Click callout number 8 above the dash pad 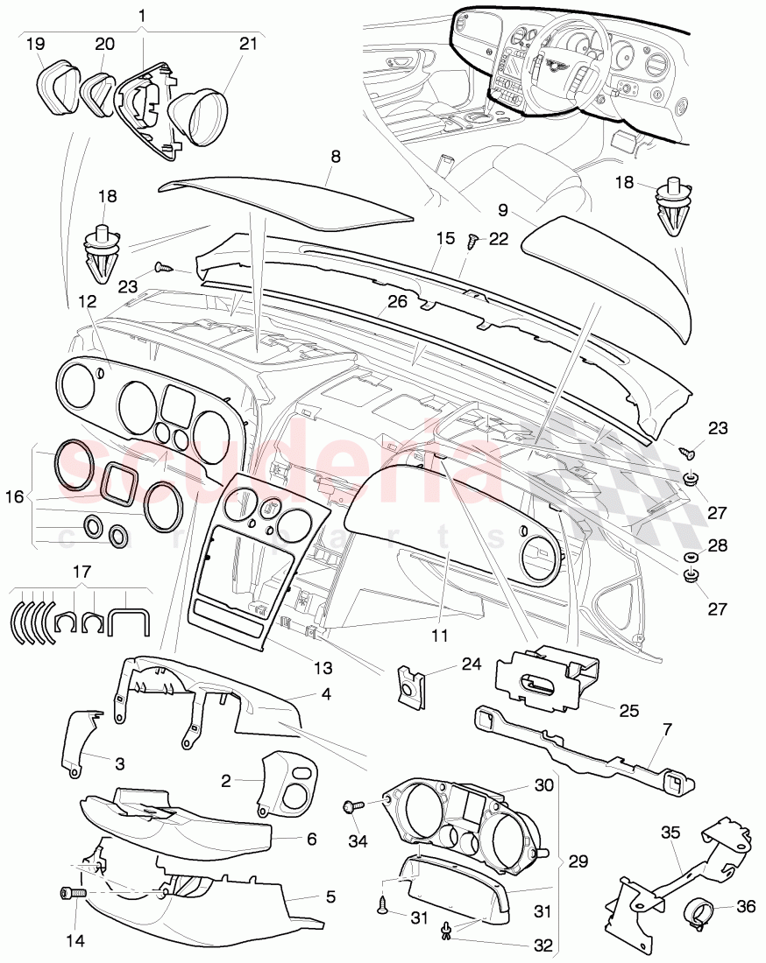[336, 156]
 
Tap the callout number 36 [745, 908]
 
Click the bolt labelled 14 [71, 894]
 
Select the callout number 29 [577, 863]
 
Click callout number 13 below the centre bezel [323, 669]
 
